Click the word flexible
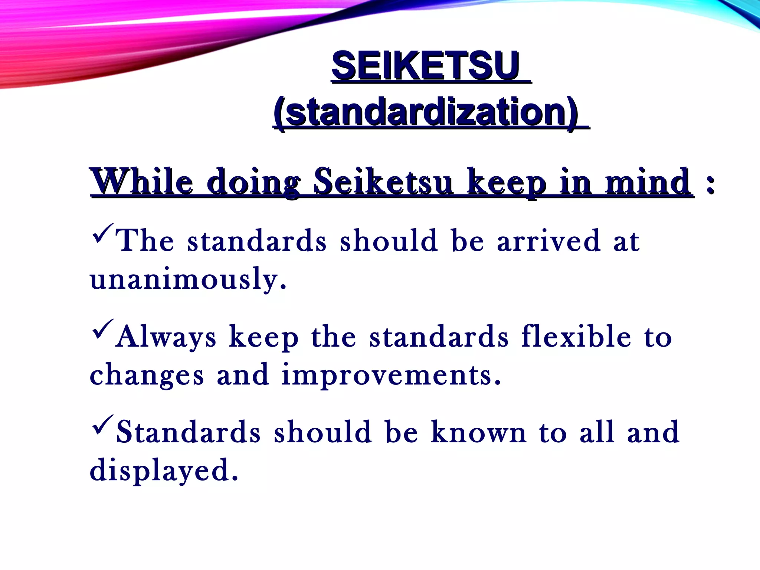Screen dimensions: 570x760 tap(576, 336)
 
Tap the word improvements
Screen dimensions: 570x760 tap(391, 375)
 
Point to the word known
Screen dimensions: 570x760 tap(479, 432)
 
